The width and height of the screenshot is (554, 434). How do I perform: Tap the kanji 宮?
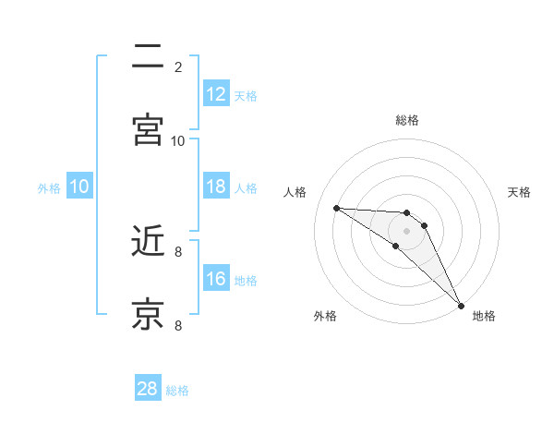(x=148, y=130)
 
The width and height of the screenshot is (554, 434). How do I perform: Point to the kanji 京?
(x=148, y=314)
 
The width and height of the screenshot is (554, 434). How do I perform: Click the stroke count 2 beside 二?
(x=178, y=67)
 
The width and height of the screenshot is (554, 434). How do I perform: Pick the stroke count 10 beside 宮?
(x=178, y=140)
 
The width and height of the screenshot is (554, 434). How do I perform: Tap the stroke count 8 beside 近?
(x=178, y=250)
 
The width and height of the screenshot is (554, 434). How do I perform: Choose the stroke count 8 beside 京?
(x=178, y=324)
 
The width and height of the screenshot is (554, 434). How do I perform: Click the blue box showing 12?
(x=216, y=93)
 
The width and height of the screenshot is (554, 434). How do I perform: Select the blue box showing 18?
(x=216, y=187)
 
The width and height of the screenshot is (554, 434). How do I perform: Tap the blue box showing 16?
(x=216, y=279)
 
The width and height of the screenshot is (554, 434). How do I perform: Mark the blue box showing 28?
(x=148, y=389)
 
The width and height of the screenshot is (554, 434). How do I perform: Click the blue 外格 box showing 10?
(x=79, y=187)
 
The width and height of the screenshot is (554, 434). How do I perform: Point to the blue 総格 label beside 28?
(x=178, y=391)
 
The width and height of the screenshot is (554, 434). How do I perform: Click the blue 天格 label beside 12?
(x=246, y=95)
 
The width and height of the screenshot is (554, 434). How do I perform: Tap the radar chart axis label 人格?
(x=295, y=192)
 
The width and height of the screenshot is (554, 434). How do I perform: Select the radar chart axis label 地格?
(x=484, y=316)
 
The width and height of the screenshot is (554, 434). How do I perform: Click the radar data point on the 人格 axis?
(x=336, y=208)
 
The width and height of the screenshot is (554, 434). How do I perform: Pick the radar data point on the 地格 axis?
(x=461, y=305)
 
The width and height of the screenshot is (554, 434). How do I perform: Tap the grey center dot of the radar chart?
(x=406, y=230)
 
